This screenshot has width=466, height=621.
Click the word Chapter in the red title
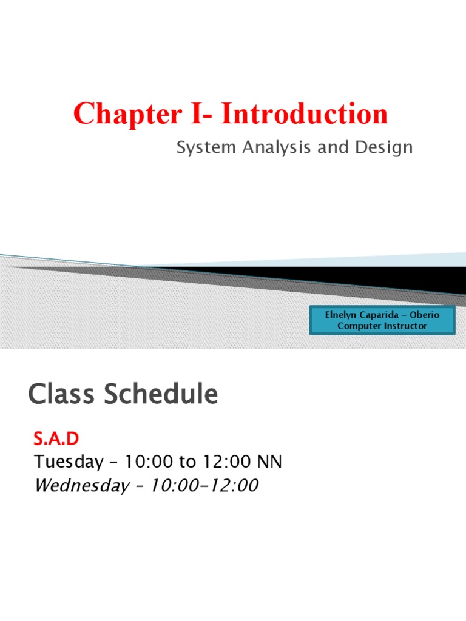[127, 115]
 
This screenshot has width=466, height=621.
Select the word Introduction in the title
[305, 113]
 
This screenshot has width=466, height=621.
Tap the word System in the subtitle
[206, 148]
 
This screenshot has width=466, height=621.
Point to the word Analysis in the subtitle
[277, 148]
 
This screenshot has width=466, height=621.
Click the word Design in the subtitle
[384, 148]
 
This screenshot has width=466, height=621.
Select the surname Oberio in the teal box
[424, 315]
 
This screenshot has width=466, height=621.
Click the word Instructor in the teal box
[405, 326]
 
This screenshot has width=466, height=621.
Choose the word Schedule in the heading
[161, 393]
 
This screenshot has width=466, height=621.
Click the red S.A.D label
[56, 438]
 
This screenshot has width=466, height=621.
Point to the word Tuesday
[69, 462]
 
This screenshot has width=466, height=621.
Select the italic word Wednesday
[82, 486]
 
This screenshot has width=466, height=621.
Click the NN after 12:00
[269, 462]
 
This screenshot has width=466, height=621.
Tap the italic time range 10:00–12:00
[204, 485]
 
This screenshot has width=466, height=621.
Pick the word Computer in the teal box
[359, 326]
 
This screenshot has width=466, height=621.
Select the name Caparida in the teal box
[380, 315]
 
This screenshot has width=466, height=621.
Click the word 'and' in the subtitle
[333, 147]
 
